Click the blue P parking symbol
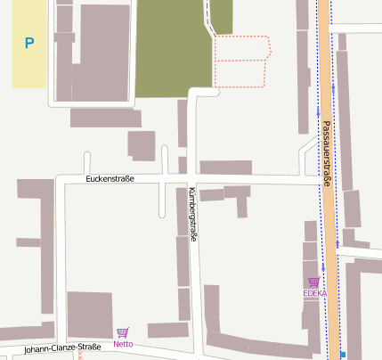tap(29, 43)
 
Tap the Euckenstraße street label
tap(110, 179)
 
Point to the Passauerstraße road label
tap(327, 153)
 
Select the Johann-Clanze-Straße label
tap(62, 348)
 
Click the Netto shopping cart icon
tap(122, 332)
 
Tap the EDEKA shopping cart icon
tap(313, 282)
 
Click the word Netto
tap(123, 344)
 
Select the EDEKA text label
tap(314, 293)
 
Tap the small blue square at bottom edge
tap(343, 356)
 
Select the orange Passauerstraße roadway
tap(328, 223)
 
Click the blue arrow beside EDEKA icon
tap(323, 267)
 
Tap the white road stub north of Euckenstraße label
tap(87, 163)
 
